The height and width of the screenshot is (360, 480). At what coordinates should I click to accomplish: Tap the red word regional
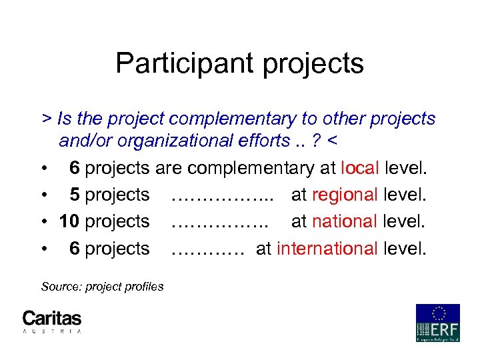[x=345, y=195]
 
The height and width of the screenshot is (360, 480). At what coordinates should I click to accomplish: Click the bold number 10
[x=70, y=221]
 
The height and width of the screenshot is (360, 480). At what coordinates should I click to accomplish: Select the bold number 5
[x=75, y=195]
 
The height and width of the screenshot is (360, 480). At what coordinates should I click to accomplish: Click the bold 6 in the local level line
[x=75, y=167]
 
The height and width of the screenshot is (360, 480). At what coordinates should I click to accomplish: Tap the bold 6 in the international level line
[x=75, y=249]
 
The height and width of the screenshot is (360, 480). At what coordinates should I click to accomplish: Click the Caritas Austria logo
[x=52, y=321]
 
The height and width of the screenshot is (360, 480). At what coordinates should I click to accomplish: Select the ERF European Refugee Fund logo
[x=437, y=323]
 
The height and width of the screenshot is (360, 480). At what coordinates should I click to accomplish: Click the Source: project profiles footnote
[x=102, y=287]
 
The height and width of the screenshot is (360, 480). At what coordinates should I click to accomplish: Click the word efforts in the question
[x=254, y=141]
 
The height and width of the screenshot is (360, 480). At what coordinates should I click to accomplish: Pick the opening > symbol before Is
[x=46, y=119]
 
